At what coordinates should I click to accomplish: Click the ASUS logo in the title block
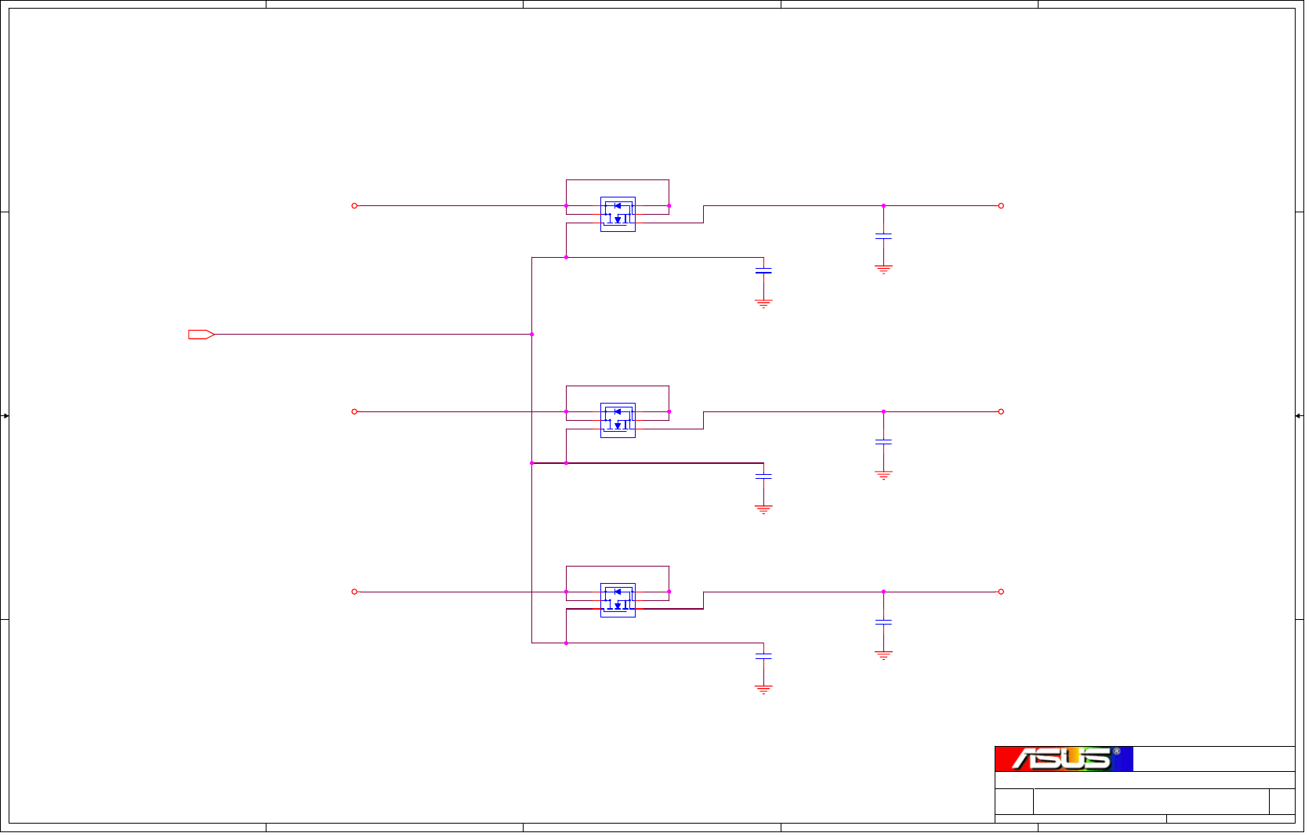coord(1064,759)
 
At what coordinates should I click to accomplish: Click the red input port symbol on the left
coord(201,335)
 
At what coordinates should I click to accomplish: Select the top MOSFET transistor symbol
coord(618,214)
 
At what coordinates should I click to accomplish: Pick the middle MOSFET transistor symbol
coord(618,420)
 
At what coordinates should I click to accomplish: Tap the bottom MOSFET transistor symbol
coord(618,600)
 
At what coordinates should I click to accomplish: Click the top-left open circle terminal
coord(354,206)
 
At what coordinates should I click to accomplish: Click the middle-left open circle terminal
coord(354,411)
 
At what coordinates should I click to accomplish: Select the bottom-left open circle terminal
coord(354,592)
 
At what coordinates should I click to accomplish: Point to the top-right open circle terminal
coord(1001,206)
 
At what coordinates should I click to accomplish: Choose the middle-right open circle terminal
coord(1001,411)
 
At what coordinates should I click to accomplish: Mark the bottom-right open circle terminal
coord(1001,592)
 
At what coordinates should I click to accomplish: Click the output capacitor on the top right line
coord(883,235)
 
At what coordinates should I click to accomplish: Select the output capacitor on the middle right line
coord(883,442)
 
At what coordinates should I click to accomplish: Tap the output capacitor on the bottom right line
coord(883,622)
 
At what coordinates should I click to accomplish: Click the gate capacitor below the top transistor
coord(763,270)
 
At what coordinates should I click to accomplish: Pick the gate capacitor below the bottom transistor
coord(763,656)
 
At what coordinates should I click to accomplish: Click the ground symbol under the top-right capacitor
coord(883,270)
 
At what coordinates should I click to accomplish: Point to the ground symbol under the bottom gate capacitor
coord(763,690)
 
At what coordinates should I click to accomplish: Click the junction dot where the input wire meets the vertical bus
coord(532,335)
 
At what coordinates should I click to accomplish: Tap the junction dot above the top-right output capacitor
coord(883,206)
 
